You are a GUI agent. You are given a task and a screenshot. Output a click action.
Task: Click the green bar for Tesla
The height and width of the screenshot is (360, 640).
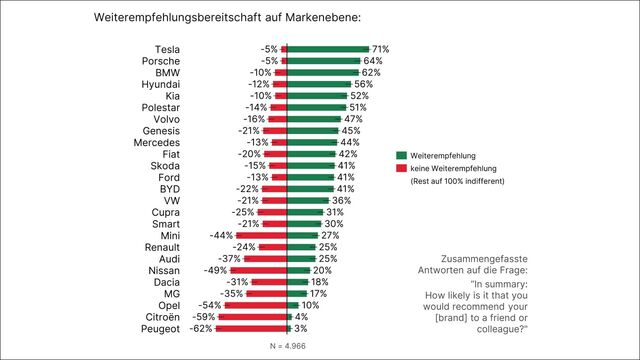[x=327, y=48]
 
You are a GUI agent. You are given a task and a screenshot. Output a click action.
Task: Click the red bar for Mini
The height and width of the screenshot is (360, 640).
[x=263, y=235]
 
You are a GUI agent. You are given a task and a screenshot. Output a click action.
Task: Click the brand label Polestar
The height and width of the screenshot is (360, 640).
[x=162, y=106]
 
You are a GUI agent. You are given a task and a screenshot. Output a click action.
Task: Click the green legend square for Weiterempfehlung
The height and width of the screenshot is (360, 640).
[x=402, y=156]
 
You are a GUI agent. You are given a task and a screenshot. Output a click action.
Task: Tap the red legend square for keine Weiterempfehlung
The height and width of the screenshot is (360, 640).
[x=402, y=169]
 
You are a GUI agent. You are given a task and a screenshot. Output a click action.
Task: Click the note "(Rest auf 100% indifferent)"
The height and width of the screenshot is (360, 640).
[x=457, y=182]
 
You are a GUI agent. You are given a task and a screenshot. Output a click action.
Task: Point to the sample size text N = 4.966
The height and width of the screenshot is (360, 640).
[x=287, y=345]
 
